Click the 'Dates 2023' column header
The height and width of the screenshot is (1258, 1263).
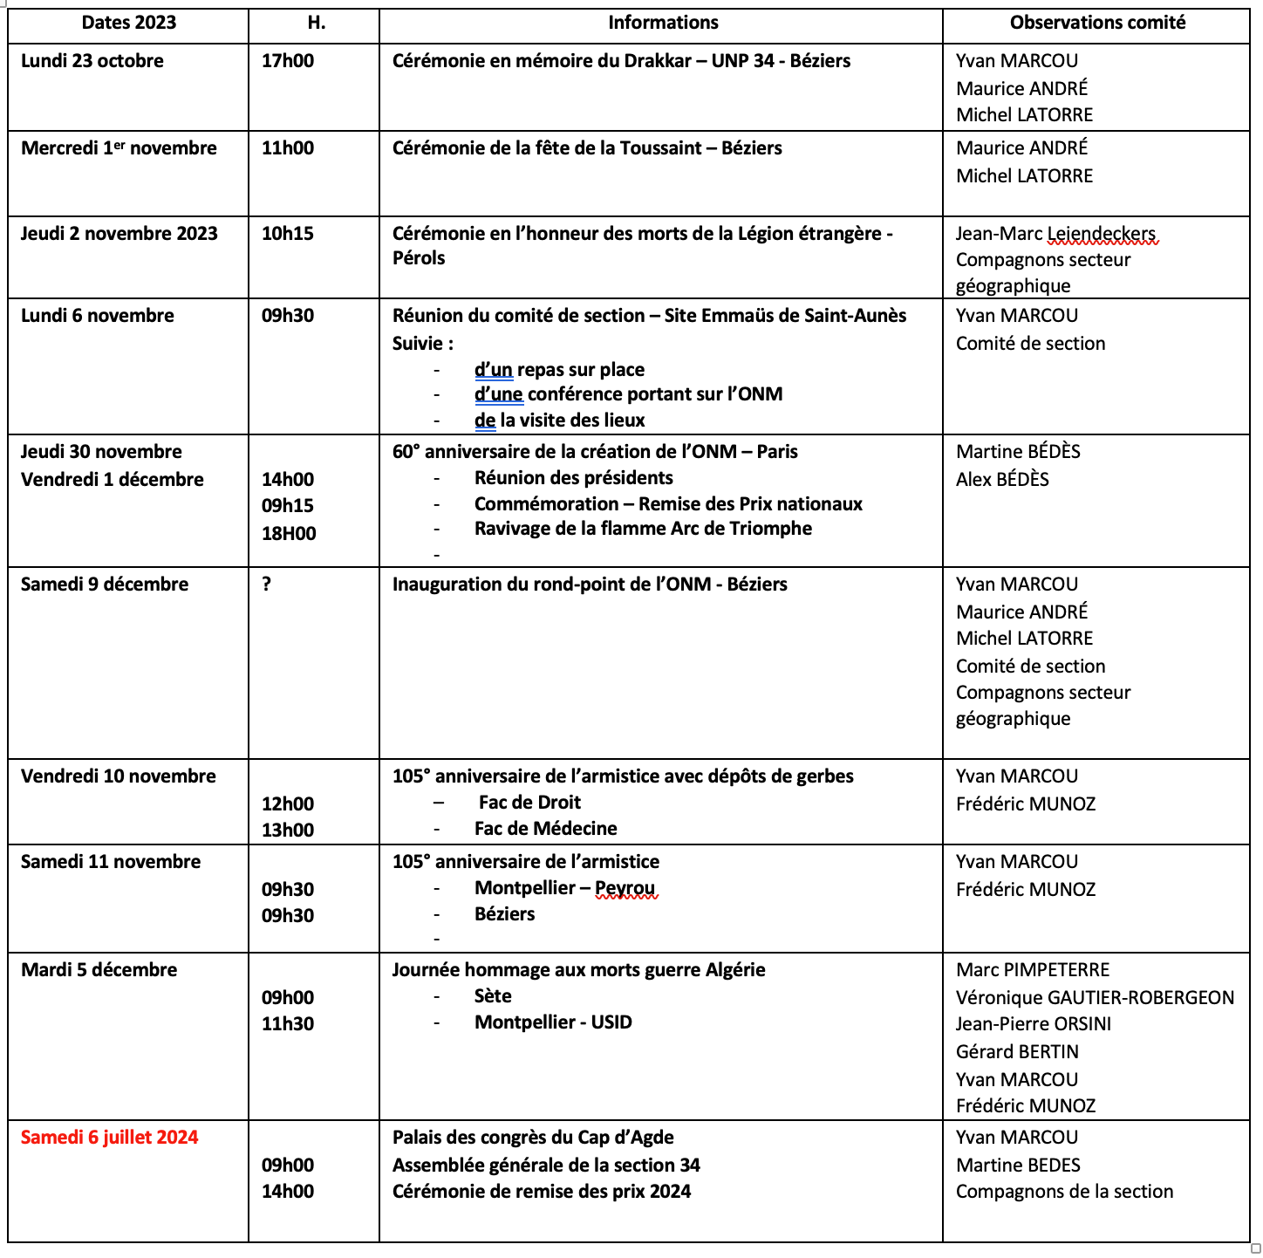coord(128,23)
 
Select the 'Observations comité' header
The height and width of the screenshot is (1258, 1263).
coord(1097,23)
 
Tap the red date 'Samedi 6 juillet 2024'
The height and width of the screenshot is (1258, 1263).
coord(109,1138)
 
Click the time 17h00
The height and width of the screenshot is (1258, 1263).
coord(288,61)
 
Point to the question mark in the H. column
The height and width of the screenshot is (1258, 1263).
coord(267,585)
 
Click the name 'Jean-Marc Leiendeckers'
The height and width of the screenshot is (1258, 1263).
coord(1055,234)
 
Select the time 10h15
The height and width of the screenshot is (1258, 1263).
coord(288,234)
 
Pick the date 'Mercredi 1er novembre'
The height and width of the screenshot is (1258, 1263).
coord(119,148)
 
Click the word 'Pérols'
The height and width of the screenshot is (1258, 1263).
coord(419,258)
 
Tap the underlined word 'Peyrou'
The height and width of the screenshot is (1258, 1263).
coord(625,888)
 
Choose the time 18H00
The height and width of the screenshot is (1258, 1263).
coord(289,534)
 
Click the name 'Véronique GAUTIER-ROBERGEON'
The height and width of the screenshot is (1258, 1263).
coord(1095,998)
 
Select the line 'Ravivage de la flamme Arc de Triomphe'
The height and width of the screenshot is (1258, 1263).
coord(643,529)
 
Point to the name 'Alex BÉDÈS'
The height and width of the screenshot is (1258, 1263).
coord(1002,480)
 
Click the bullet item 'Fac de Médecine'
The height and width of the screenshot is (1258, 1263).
coord(545,829)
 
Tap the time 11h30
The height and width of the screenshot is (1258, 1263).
coord(288,1024)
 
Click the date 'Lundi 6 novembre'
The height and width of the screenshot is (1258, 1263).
coord(98,316)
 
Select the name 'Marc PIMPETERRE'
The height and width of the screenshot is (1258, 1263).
coord(1033,970)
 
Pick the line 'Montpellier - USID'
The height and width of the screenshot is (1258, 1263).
coord(553,1022)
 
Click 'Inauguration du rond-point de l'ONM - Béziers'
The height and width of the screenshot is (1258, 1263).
coord(590,585)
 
